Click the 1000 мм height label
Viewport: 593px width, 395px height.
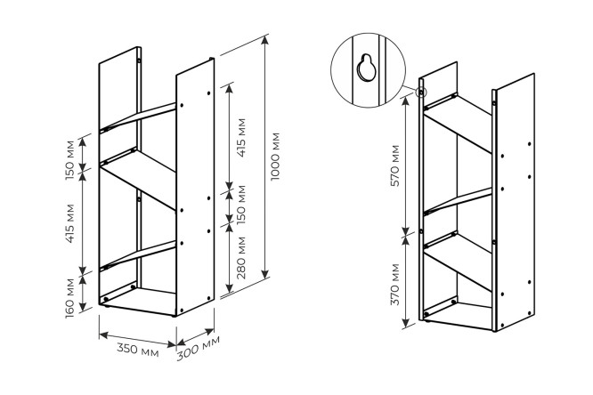click(275, 157)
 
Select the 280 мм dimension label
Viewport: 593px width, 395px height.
click(241, 258)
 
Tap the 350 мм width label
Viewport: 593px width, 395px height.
click(138, 350)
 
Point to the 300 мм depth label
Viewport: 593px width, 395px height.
click(199, 348)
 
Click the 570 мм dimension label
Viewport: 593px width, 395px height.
click(394, 165)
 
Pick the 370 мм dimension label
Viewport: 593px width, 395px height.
click(394, 285)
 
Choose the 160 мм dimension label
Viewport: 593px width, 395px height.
click(70, 299)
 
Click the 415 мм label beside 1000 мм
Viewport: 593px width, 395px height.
click(241, 138)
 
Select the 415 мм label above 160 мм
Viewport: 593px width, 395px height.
click(70, 223)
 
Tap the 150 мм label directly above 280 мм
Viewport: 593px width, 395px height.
click(241, 205)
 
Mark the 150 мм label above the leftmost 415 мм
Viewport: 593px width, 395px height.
click(70, 161)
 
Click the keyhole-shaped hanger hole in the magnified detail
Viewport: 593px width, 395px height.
click(366, 68)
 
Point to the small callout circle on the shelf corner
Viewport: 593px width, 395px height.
click(421, 92)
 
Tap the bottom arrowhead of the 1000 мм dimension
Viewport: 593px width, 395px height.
click(266, 274)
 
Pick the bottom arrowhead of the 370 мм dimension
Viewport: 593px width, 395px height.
click(406, 323)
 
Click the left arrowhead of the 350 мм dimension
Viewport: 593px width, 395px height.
click(104, 335)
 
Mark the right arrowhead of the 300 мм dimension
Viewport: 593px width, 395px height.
click(209, 332)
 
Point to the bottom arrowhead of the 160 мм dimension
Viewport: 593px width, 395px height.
click(83, 307)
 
